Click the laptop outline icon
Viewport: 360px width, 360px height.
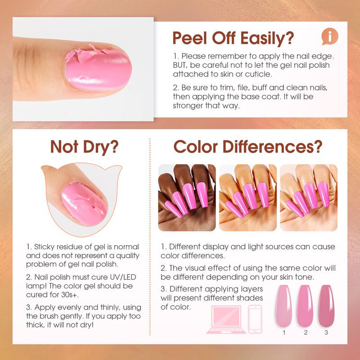coord(226,319)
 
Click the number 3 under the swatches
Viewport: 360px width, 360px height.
coord(327,333)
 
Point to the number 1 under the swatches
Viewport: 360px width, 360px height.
coord(284,333)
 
